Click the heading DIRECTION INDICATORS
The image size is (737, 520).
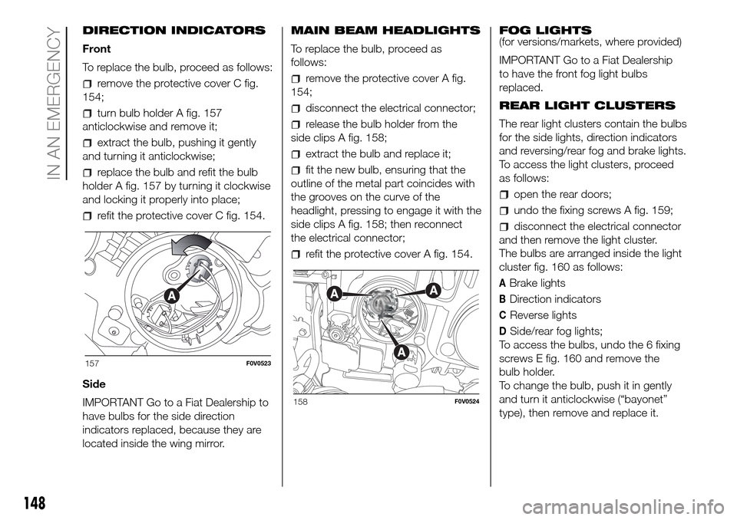point(174,31)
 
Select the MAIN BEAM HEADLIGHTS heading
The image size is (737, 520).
point(385,31)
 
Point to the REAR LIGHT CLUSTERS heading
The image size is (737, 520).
point(587,105)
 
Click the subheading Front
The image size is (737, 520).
point(97,49)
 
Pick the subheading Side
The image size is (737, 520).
point(94,383)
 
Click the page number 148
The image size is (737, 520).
point(32,503)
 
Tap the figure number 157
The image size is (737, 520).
point(92,363)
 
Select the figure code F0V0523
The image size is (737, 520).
point(258,364)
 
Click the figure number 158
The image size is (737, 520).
point(301,402)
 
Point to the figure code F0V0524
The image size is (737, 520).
point(466,402)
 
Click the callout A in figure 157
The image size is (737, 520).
point(172,295)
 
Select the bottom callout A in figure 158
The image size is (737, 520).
point(402,351)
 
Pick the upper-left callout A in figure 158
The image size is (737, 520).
point(334,294)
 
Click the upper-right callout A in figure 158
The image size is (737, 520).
point(432,291)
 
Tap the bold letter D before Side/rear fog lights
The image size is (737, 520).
point(503,331)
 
